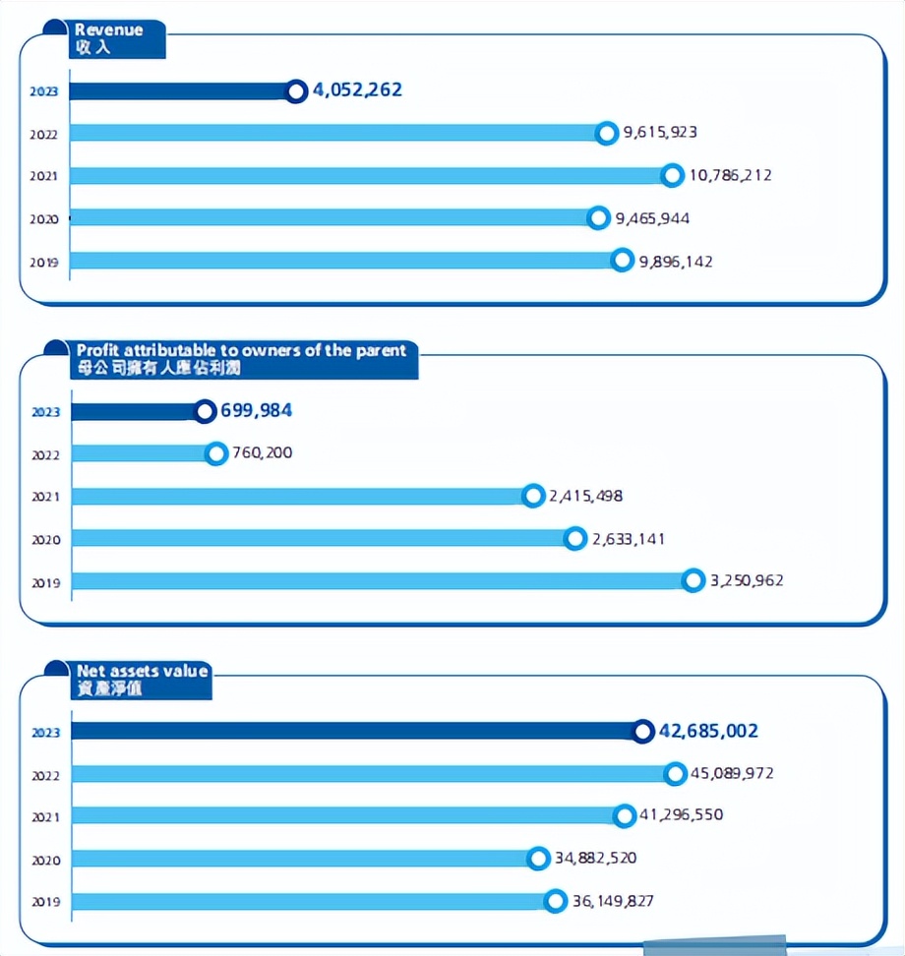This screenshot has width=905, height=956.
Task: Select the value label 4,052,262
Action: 357,90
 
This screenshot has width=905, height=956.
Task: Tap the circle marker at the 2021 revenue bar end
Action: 672,175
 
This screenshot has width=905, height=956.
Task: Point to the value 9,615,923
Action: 660,132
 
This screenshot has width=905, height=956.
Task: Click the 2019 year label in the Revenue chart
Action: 44,262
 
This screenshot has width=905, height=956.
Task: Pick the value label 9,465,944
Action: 652,217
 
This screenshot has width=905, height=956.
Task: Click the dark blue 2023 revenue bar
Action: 182,91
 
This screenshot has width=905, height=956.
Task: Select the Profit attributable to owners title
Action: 241,359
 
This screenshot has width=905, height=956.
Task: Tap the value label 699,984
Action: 256,410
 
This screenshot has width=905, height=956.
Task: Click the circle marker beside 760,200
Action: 217,453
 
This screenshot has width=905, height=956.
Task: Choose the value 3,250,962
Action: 747,580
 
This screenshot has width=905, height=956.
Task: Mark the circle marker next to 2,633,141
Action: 575,538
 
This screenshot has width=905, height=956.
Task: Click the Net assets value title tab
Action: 143,679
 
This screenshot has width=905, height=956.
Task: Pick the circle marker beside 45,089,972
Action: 675,774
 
